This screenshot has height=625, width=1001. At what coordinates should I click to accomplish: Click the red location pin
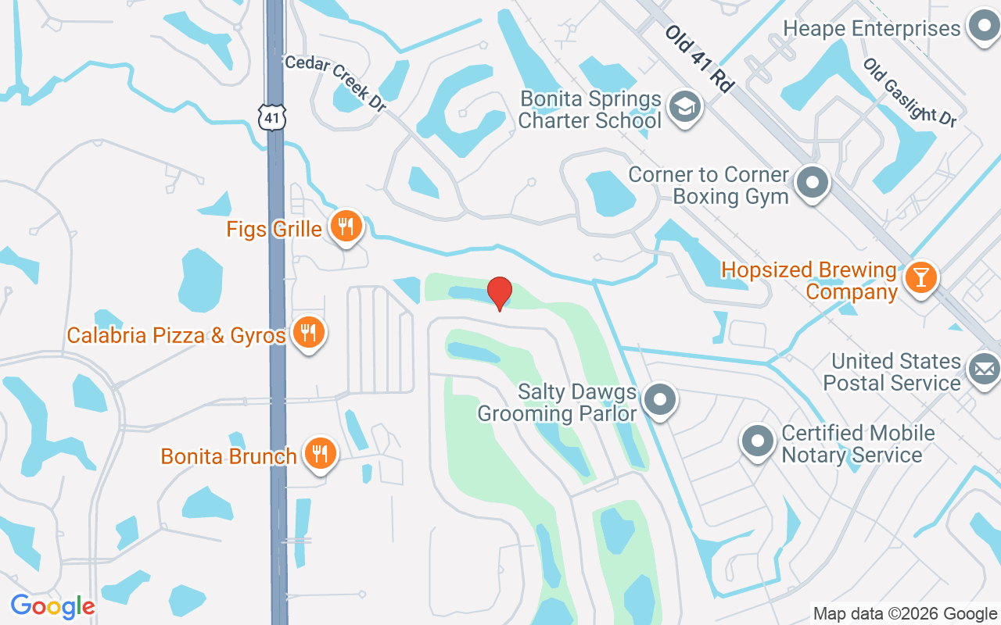[x=500, y=292]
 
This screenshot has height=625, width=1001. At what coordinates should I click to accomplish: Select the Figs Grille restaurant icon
[x=345, y=227]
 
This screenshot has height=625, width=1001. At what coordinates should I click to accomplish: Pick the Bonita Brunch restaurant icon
[x=319, y=454]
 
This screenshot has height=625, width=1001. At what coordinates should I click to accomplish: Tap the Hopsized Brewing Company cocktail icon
[x=920, y=278]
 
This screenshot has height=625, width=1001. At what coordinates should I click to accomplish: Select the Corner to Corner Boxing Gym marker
[x=813, y=184]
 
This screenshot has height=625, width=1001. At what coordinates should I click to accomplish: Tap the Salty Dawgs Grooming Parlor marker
[x=661, y=400]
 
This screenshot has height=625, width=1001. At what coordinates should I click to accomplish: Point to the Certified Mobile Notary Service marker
[x=757, y=441]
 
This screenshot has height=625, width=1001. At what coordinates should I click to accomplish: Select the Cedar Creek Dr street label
[x=335, y=83]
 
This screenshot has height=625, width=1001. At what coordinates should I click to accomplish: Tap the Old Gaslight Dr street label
[x=910, y=92]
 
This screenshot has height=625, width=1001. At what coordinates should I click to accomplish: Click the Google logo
[x=52, y=605]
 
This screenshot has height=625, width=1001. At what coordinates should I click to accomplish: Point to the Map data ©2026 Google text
[x=905, y=614]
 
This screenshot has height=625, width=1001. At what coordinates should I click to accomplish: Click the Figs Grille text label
[x=274, y=229]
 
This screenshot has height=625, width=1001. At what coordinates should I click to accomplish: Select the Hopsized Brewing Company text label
[x=809, y=280]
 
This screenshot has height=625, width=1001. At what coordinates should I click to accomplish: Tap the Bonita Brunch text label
[x=228, y=456]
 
